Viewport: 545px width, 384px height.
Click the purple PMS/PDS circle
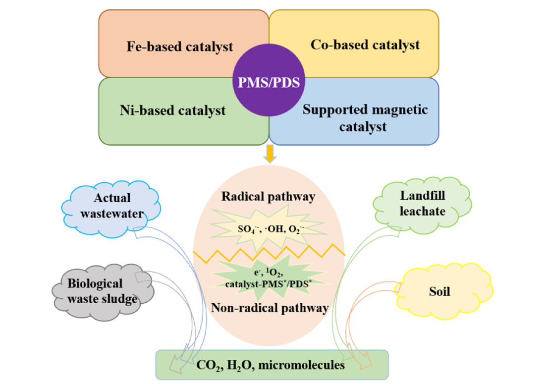click(x=269, y=82)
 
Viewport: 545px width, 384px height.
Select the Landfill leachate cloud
click(x=423, y=203)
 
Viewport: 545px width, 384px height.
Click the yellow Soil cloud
click(x=440, y=291)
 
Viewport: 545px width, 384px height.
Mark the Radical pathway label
click(x=269, y=197)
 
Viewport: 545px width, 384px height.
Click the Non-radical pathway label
click(x=270, y=308)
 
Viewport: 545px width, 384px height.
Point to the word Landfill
click(x=423, y=196)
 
